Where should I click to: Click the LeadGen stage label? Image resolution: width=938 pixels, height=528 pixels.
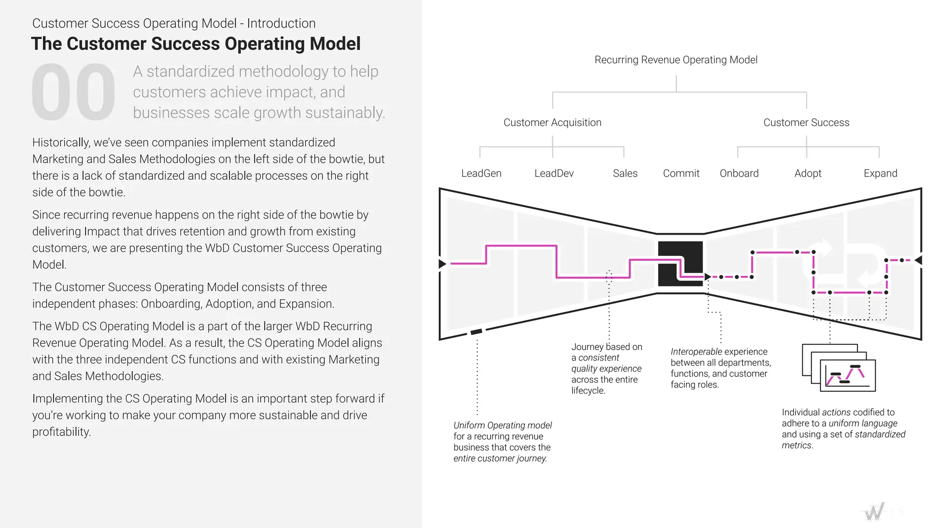(481, 173)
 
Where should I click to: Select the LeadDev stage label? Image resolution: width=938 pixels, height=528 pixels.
(554, 173)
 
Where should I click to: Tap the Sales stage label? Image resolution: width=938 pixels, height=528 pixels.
(625, 173)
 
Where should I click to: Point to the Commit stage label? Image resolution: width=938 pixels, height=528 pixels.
(681, 173)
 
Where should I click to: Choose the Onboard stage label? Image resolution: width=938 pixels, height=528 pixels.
(739, 173)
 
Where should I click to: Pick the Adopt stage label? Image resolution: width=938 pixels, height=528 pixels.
(807, 173)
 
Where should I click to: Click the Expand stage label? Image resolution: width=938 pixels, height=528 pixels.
(880, 173)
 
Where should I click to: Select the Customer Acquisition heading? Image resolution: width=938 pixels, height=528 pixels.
(552, 122)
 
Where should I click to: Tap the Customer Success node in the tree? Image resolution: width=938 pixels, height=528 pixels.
(806, 122)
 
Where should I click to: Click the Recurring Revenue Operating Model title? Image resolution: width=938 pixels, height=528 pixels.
(676, 60)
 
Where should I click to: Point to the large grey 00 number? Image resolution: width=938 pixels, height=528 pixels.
(73, 92)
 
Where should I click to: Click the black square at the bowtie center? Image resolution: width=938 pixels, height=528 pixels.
(680, 264)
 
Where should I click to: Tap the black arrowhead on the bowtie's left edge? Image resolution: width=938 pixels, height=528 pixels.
(442, 264)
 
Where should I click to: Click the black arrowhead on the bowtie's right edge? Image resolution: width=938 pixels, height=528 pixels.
(918, 260)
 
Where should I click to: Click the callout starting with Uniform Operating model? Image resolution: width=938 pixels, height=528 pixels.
(502, 441)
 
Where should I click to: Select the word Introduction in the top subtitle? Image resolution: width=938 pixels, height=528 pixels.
(281, 23)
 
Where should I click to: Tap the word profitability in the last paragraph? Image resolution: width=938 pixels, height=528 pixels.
(61, 432)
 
